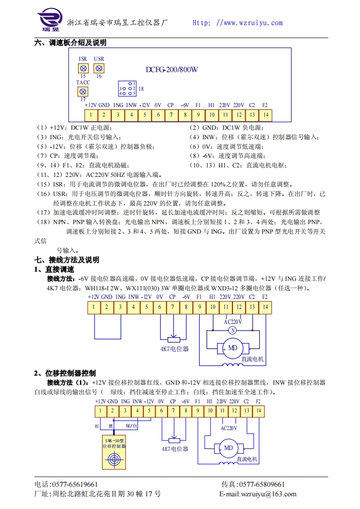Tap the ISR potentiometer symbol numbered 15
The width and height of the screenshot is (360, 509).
point(83,68)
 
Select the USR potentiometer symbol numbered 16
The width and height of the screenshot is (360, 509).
point(99,68)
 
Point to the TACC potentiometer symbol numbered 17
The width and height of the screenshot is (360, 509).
point(83,92)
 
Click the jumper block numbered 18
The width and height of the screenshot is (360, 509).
point(128,88)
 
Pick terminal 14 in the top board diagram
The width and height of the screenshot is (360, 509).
point(266,115)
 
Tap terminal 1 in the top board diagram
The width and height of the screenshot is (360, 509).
point(91,115)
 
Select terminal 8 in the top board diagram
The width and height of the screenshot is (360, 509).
point(185,115)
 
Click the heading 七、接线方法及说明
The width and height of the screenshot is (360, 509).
point(67,260)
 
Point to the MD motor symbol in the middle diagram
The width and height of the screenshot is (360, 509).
point(232,348)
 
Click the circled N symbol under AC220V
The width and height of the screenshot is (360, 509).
point(232,330)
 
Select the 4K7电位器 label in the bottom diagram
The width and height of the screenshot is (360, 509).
point(175,449)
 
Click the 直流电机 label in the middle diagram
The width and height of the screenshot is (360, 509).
point(253,359)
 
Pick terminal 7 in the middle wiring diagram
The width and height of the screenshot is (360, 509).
point(173,307)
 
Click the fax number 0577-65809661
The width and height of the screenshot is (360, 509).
point(261,485)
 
